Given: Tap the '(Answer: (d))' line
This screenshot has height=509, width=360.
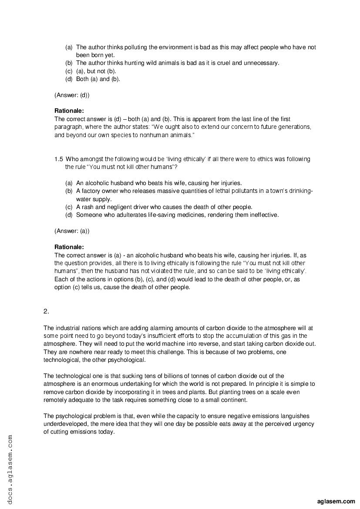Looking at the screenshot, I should pos(72,94).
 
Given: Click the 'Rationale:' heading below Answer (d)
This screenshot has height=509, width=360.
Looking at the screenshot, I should pos(69,111).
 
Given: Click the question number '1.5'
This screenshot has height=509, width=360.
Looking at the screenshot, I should pos(59,159).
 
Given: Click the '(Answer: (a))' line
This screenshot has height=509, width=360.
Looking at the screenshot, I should pos(72,230).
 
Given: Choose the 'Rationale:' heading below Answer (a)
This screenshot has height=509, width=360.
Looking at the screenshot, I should pos(69,247).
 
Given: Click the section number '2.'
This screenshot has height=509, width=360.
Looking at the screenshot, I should pos(46,311).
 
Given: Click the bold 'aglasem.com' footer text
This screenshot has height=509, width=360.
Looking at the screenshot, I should pos(336,501).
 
